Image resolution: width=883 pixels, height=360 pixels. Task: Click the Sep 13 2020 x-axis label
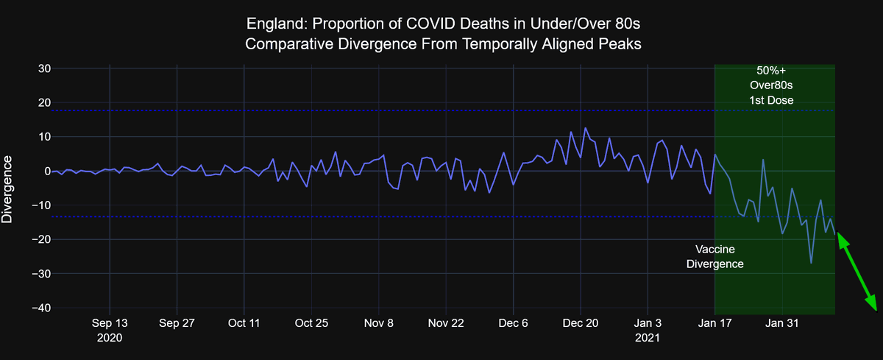point(110,330)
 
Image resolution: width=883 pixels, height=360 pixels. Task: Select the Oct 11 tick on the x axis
point(244,323)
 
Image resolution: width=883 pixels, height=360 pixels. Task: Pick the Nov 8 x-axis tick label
point(379,323)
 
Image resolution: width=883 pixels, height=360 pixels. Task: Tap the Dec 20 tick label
point(581,323)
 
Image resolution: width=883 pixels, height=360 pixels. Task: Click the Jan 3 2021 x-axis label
point(648,330)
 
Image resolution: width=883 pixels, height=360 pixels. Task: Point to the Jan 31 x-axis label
point(782,323)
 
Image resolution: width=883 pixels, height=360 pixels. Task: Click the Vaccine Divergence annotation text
point(714,256)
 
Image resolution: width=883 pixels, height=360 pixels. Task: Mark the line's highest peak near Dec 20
point(586,128)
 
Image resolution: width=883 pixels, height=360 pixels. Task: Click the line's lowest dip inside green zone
point(811,263)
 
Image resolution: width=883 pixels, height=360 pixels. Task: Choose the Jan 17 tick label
point(714,323)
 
